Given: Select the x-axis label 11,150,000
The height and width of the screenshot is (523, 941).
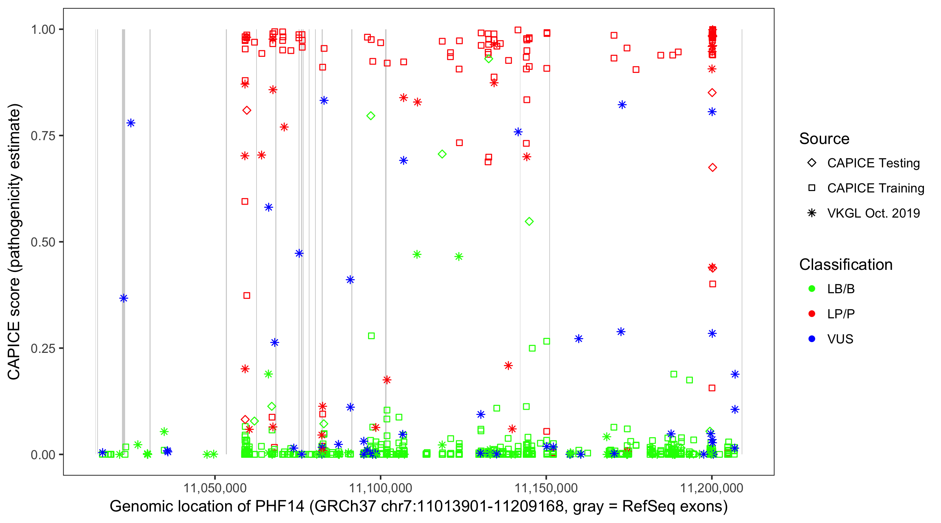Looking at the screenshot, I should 546,488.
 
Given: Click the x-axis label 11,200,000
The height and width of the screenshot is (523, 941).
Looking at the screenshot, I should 712,488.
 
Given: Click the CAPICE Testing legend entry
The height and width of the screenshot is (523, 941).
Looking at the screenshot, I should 873,163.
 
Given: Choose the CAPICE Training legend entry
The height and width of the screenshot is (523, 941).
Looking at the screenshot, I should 875,188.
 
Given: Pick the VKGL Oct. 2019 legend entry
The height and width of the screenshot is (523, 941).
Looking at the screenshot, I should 873,213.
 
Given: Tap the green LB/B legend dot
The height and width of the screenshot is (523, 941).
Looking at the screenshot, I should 812,289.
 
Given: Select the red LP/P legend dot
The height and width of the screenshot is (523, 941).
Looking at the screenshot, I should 812,314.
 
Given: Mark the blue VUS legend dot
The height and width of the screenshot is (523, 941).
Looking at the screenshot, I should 812,339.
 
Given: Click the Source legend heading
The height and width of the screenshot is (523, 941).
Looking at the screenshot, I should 824,139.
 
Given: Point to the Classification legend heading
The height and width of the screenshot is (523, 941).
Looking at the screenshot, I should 846,265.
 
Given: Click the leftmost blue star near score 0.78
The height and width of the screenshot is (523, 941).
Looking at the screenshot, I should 131,123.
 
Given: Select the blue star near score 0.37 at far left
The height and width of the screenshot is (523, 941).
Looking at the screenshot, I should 123,298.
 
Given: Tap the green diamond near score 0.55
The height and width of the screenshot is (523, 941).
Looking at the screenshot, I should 529,221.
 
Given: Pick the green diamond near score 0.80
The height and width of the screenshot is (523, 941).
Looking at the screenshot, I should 371,116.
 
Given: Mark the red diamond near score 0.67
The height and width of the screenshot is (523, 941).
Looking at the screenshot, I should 712,168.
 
